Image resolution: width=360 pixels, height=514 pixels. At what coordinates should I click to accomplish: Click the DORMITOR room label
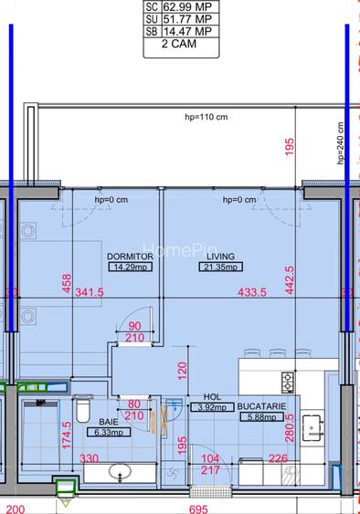tap(129, 257)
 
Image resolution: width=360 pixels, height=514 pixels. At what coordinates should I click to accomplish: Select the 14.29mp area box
tap(129, 268)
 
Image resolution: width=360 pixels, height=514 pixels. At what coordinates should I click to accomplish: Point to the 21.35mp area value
tap(219, 268)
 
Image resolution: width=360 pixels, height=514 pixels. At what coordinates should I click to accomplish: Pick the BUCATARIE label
tap(263, 405)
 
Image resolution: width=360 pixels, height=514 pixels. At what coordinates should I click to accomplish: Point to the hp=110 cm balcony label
tap(206, 118)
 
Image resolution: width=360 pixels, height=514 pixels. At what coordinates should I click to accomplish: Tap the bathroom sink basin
tap(120, 473)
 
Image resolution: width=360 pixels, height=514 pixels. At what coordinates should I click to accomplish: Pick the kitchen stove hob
tap(288, 381)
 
